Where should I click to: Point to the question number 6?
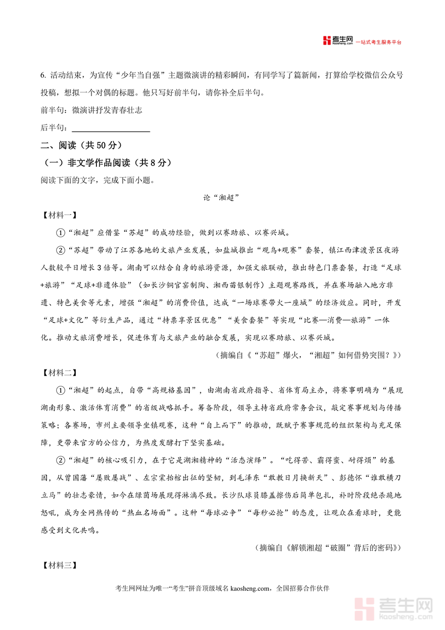coord(43,75)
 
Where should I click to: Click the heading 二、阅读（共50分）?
coord(81,146)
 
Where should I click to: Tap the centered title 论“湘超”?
coord(222,198)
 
